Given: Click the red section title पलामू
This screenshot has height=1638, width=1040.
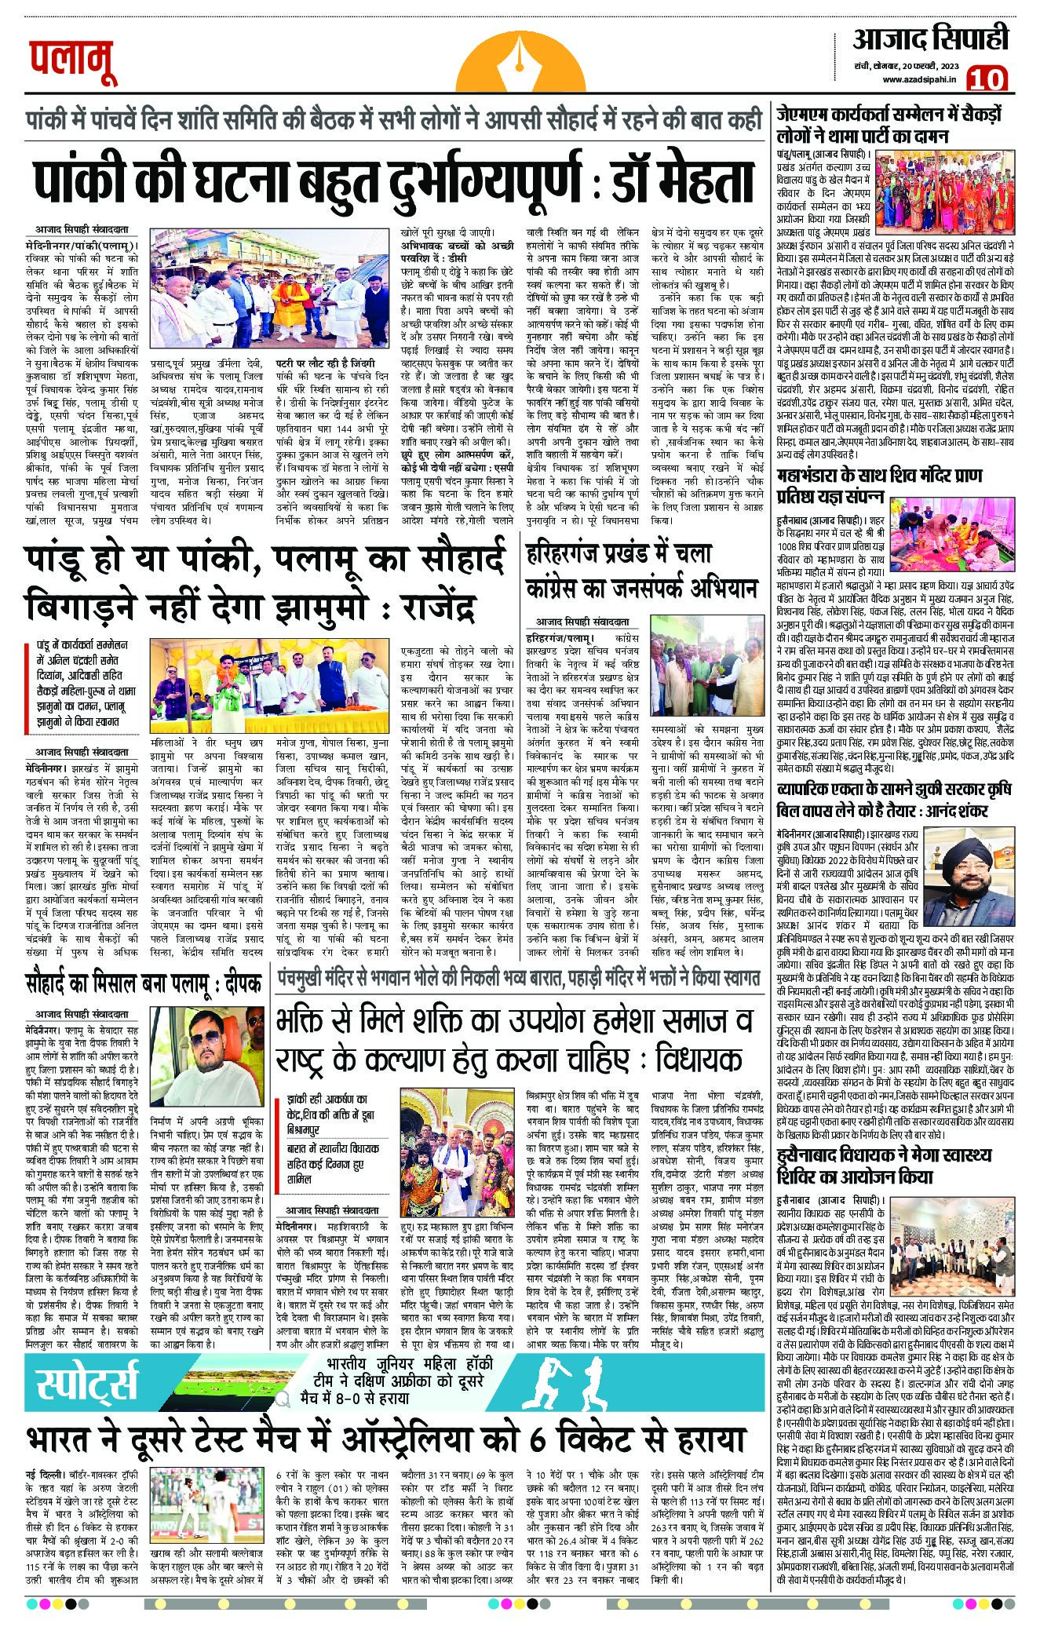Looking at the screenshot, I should (x=74, y=63).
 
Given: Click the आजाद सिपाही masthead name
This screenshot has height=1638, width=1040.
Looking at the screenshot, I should (x=930, y=38).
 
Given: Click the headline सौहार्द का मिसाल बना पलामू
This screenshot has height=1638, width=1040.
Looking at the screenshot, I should (x=144, y=983).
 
